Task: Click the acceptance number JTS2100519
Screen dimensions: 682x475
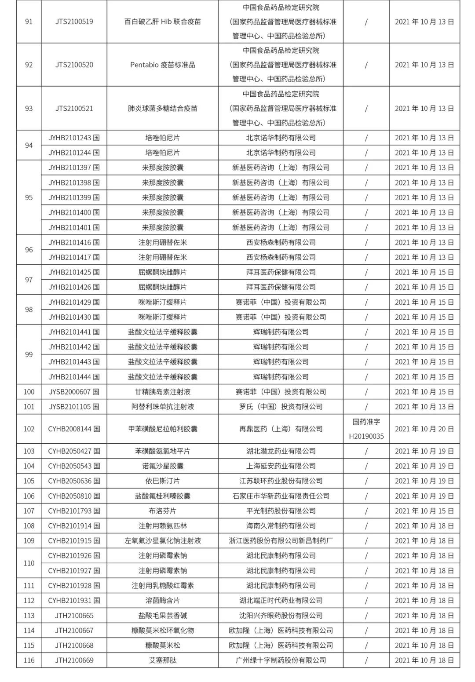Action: point(74,22)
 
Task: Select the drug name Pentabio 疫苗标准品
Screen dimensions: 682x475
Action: point(163,65)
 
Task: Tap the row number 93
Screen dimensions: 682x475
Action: point(29,108)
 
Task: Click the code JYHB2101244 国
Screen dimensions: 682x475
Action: point(74,153)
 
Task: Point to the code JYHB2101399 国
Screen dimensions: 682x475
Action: point(74,197)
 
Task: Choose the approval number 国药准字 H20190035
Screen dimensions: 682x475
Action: point(366,429)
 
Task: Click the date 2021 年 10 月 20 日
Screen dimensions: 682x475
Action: point(424,429)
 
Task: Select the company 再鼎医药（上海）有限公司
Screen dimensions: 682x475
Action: point(281,429)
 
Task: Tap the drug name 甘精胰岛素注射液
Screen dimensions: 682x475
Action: point(163,392)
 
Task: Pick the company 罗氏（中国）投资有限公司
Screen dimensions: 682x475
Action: point(281,407)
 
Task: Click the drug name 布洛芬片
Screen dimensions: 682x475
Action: point(163,511)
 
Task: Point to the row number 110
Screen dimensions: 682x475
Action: point(29,563)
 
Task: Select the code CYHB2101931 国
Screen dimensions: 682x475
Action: point(74,601)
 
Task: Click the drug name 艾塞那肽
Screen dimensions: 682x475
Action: point(163,660)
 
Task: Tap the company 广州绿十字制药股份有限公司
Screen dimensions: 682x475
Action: point(281,660)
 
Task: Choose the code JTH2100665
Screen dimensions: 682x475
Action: point(74,616)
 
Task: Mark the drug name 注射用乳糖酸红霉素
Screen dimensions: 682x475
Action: point(163,586)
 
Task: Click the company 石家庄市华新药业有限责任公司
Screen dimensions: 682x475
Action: point(281,496)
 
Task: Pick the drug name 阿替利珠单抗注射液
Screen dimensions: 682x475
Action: point(163,407)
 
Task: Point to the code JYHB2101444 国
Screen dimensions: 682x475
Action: point(74,377)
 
